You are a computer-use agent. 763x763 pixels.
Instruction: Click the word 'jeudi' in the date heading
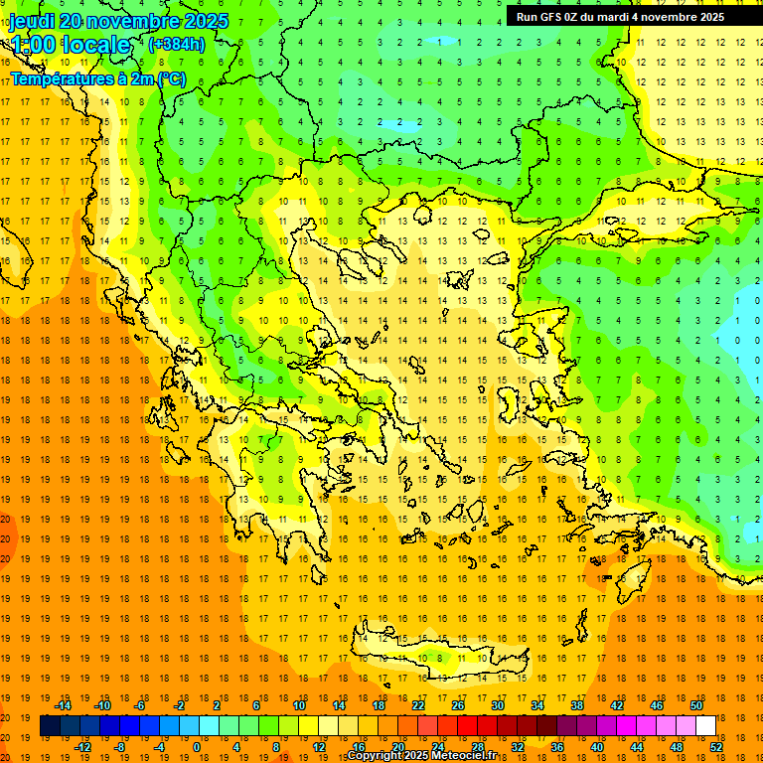click(32, 21)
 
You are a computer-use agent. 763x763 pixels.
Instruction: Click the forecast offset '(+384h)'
click(177, 44)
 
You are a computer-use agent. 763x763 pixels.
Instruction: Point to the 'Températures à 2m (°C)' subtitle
click(97, 78)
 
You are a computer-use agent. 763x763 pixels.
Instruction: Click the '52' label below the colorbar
click(717, 747)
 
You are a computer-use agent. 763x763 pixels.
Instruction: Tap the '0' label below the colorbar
click(197, 747)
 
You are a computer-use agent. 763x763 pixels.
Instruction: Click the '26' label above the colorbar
click(458, 705)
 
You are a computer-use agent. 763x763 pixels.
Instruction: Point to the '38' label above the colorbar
click(576, 705)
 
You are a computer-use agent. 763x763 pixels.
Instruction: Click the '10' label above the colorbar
click(299, 705)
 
